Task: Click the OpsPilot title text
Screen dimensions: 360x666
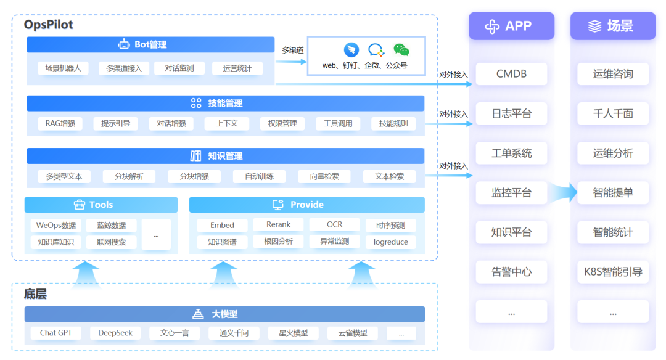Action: [x=49, y=25]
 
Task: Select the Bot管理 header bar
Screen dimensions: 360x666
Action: [x=150, y=44]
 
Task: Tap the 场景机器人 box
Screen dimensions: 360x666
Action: [x=63, y=68]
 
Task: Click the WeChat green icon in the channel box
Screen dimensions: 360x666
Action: [x=401, y=50]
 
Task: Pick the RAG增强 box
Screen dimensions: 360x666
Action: [x=60, y=123]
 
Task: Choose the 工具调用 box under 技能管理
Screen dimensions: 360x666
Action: [x=338, y=123]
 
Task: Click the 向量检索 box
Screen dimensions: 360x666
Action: [x=324, y=176]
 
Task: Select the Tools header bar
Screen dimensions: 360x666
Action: [x=101, y=205]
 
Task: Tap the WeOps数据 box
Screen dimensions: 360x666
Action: [x=56, y=225]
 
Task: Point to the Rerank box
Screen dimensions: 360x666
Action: [x=278, y=224]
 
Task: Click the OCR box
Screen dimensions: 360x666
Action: [x=334, y=224]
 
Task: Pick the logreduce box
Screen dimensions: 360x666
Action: [x=390, y=242]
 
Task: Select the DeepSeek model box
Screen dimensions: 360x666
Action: [x=115, y=333]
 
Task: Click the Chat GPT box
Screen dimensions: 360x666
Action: [x=56, y=333]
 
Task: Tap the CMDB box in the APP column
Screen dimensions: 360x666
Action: [x=511, y=74]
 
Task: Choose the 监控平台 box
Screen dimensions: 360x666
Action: [x=511, y=193]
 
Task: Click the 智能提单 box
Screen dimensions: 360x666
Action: [x=612, y=193]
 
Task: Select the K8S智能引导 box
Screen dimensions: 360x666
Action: [x=612, y=272]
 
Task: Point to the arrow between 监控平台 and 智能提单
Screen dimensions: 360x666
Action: [x=561, y=193]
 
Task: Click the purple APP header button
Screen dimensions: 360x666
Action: [x=511, y=26]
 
